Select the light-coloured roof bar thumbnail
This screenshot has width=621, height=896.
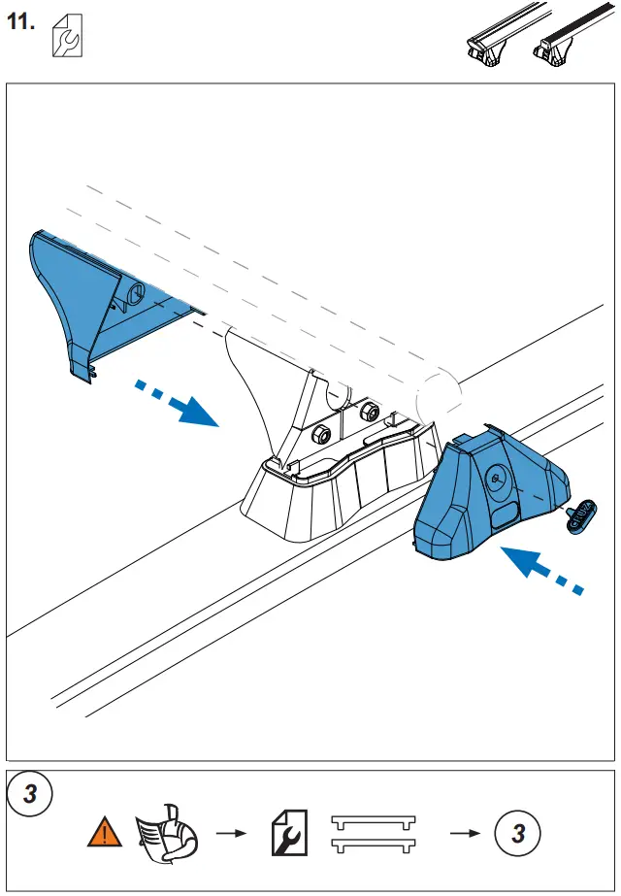[490, 45]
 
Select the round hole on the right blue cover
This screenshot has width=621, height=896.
[498, 477]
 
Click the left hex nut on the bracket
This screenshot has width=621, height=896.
[324, 431]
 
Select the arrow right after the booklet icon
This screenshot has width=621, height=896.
[229, 834]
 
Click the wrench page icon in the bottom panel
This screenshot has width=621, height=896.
[289, 834]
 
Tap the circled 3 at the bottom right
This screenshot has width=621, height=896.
[518, 834]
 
